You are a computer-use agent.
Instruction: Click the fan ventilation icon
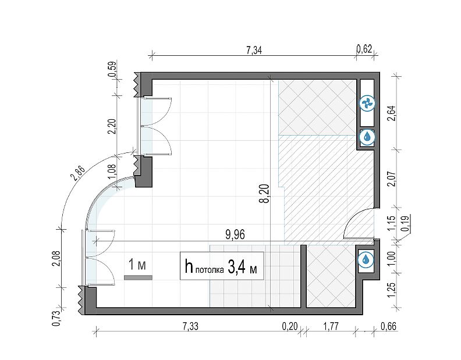click(367, 104)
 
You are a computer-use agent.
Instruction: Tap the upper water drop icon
click(367, 137)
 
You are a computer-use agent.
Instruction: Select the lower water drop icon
click(366, 260)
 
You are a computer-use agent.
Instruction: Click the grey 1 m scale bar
click(138, 277)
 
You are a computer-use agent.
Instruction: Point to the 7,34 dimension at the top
click(254, 50)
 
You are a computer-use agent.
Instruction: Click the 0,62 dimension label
click(364, 48)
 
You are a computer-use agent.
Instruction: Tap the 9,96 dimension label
click(235, 235)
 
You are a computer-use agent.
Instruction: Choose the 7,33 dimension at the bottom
click(190, 326)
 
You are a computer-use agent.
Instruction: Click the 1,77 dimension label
click(331, 326)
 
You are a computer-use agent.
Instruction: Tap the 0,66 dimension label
click(388, 326)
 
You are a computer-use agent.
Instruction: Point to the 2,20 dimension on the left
click(112, 126)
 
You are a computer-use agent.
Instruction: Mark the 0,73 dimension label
click(56, 318)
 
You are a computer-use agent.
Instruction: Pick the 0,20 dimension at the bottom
click(290, 326)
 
